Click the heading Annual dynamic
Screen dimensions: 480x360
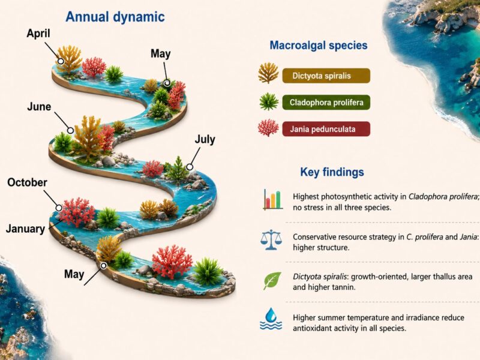tap(115, 17)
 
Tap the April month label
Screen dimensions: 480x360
tap(38, 34)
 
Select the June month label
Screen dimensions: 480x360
tap(39, 107)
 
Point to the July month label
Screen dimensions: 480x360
tap(205, 140)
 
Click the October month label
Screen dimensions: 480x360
tap(27, 182)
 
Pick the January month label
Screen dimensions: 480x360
tap(25, 229)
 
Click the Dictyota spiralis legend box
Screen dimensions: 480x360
tap(326, 76)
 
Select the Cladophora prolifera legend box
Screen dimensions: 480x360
tap(326, 102)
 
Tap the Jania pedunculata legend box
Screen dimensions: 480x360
tap(326, 129)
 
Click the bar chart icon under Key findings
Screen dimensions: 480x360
tap(272, 200)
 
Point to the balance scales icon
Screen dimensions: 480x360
tap(271, 241)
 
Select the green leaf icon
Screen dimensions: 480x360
tap(272, 280)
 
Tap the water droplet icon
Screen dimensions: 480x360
tap(271, 319)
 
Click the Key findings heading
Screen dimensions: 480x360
tap(332, 172)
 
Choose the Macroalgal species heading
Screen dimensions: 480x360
tap(319, 46)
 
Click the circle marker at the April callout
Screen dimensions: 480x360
tap(61, 61)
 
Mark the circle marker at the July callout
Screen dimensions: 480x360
tap(190, 167)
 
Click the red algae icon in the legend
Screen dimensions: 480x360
tap(268, 128)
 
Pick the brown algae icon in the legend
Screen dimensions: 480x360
tap(268, 73)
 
